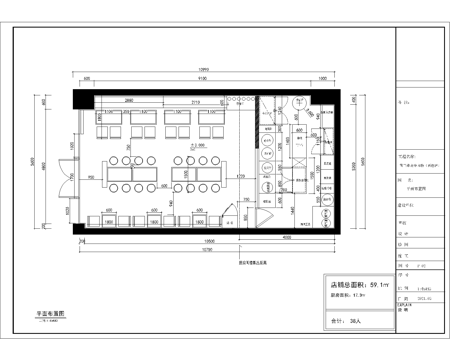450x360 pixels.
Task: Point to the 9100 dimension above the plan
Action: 201,77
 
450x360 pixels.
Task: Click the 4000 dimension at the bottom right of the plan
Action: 283,236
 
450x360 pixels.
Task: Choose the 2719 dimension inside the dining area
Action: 196,102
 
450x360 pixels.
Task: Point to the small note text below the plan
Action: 243,259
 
